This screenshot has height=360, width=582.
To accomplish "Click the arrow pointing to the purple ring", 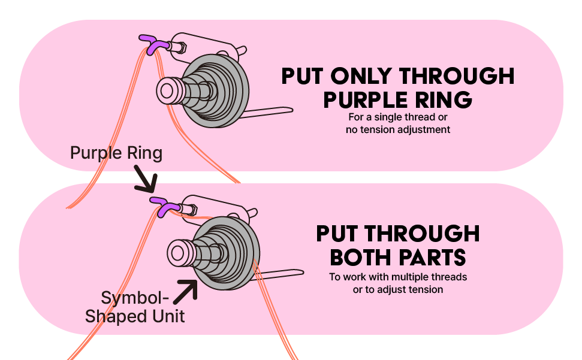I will [x=145, y=180].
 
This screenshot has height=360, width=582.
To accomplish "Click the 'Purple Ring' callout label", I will [x=116, y=153].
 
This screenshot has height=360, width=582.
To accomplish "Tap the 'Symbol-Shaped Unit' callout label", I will [x=135, y=307].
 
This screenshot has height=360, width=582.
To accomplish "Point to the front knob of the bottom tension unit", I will [x=178, y=252].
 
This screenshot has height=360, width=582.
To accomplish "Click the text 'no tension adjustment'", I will [x=398, y=129].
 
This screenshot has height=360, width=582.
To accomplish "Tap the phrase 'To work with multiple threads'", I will [x=398, y=277].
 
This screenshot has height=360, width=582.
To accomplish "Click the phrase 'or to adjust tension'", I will [x=398, y=290].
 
